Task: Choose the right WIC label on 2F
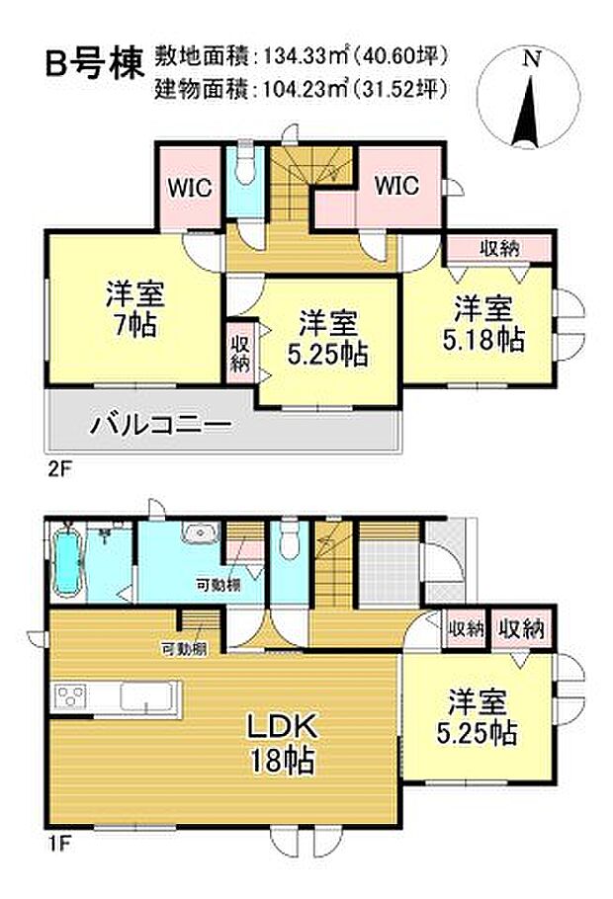tap(395, 185)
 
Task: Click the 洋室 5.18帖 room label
tap(483, 324)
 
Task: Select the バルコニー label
tap(161, 426)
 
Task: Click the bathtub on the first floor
tap(69, 562)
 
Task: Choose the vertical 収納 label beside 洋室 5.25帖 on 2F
tap(240, 351)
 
